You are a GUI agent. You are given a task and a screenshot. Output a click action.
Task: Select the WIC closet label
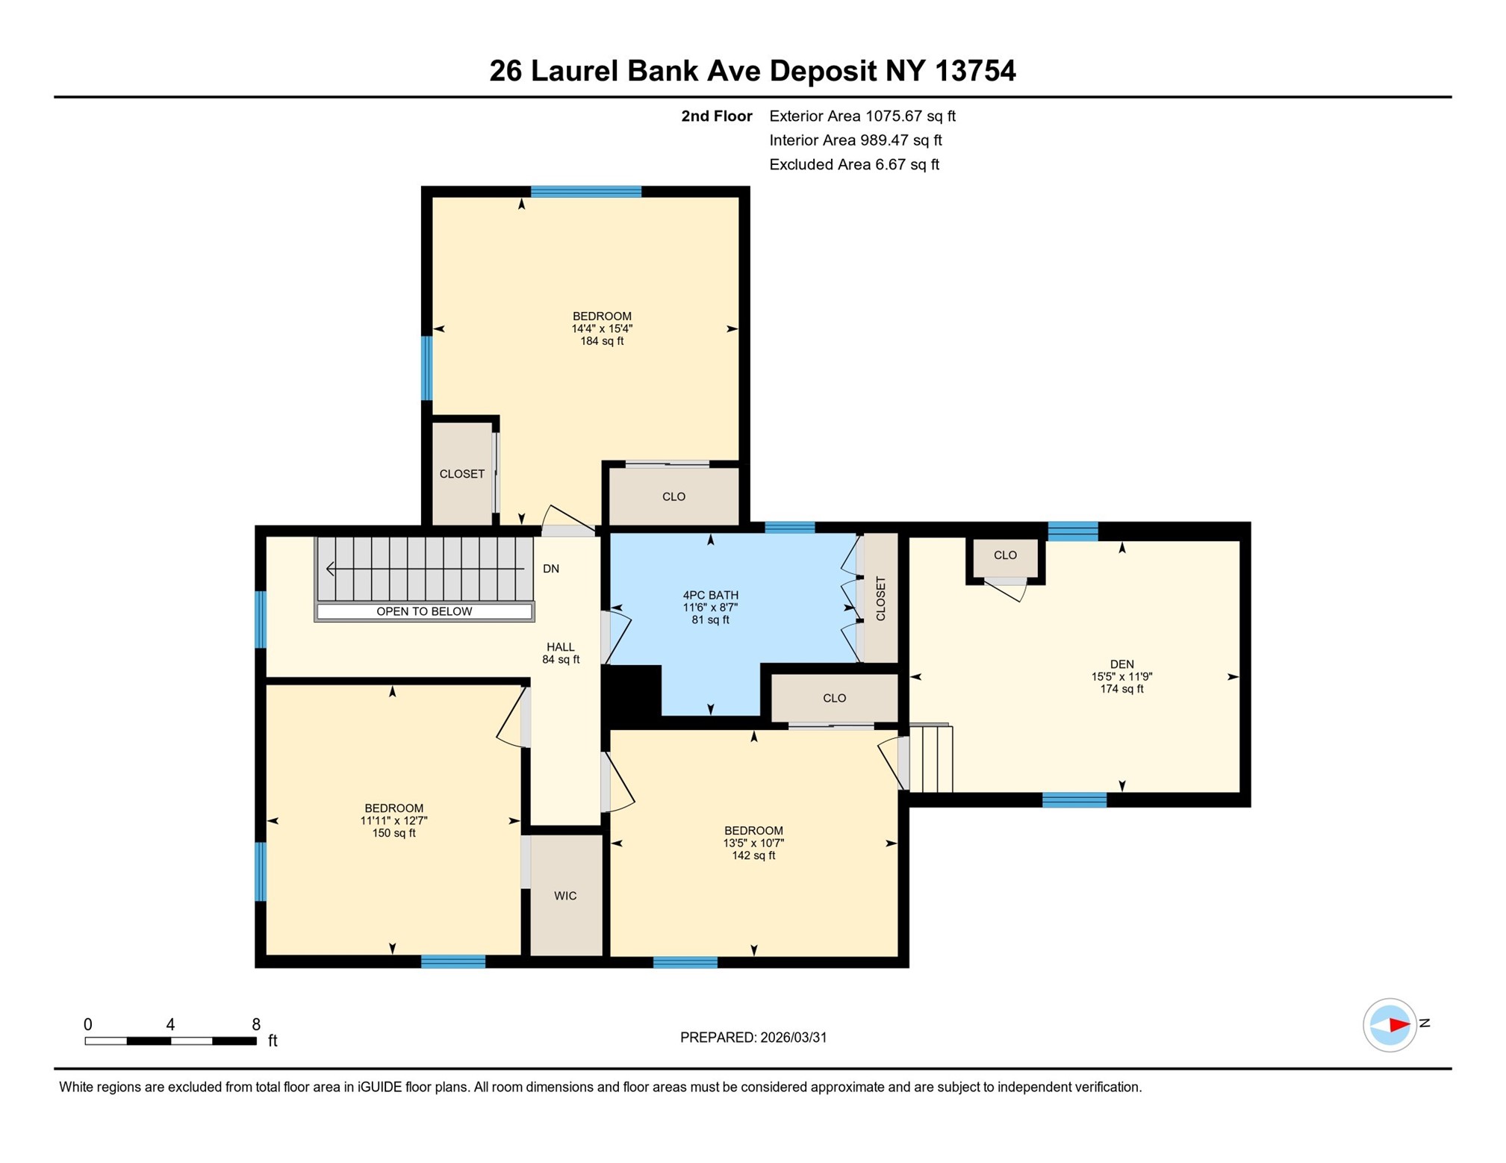(x=565, y=895)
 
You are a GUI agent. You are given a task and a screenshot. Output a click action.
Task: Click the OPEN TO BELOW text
(x=423, y=611)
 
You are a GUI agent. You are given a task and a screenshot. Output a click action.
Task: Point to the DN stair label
(x=551, y=569)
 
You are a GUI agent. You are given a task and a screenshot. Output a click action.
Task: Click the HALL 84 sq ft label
(x=561, y=652)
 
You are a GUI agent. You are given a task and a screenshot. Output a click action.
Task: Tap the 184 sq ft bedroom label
(x=602, y=328)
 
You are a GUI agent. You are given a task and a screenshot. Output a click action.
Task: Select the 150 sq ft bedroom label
(x=393, y=820)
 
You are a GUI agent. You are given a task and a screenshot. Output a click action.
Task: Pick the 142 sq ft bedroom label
(x=753, y=843)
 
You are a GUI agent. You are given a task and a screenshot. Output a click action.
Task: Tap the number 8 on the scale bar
(x=256, y=1024)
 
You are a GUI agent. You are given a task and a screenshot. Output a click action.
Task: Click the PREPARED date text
(x=753, y=1037)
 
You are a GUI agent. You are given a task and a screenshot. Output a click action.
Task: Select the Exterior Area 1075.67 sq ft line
(x=862, y=116)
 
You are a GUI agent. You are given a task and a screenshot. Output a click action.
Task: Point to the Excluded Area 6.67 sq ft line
(x=853, y=164)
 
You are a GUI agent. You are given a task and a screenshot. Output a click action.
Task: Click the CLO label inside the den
(x=1005, y=555)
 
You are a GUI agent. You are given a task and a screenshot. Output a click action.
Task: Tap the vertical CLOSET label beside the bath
(x=880, y=598)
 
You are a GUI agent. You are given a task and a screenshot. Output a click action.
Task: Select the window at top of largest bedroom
(x=585, y=192)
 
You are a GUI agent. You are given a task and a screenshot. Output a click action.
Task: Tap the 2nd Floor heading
(x=716, y=116)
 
